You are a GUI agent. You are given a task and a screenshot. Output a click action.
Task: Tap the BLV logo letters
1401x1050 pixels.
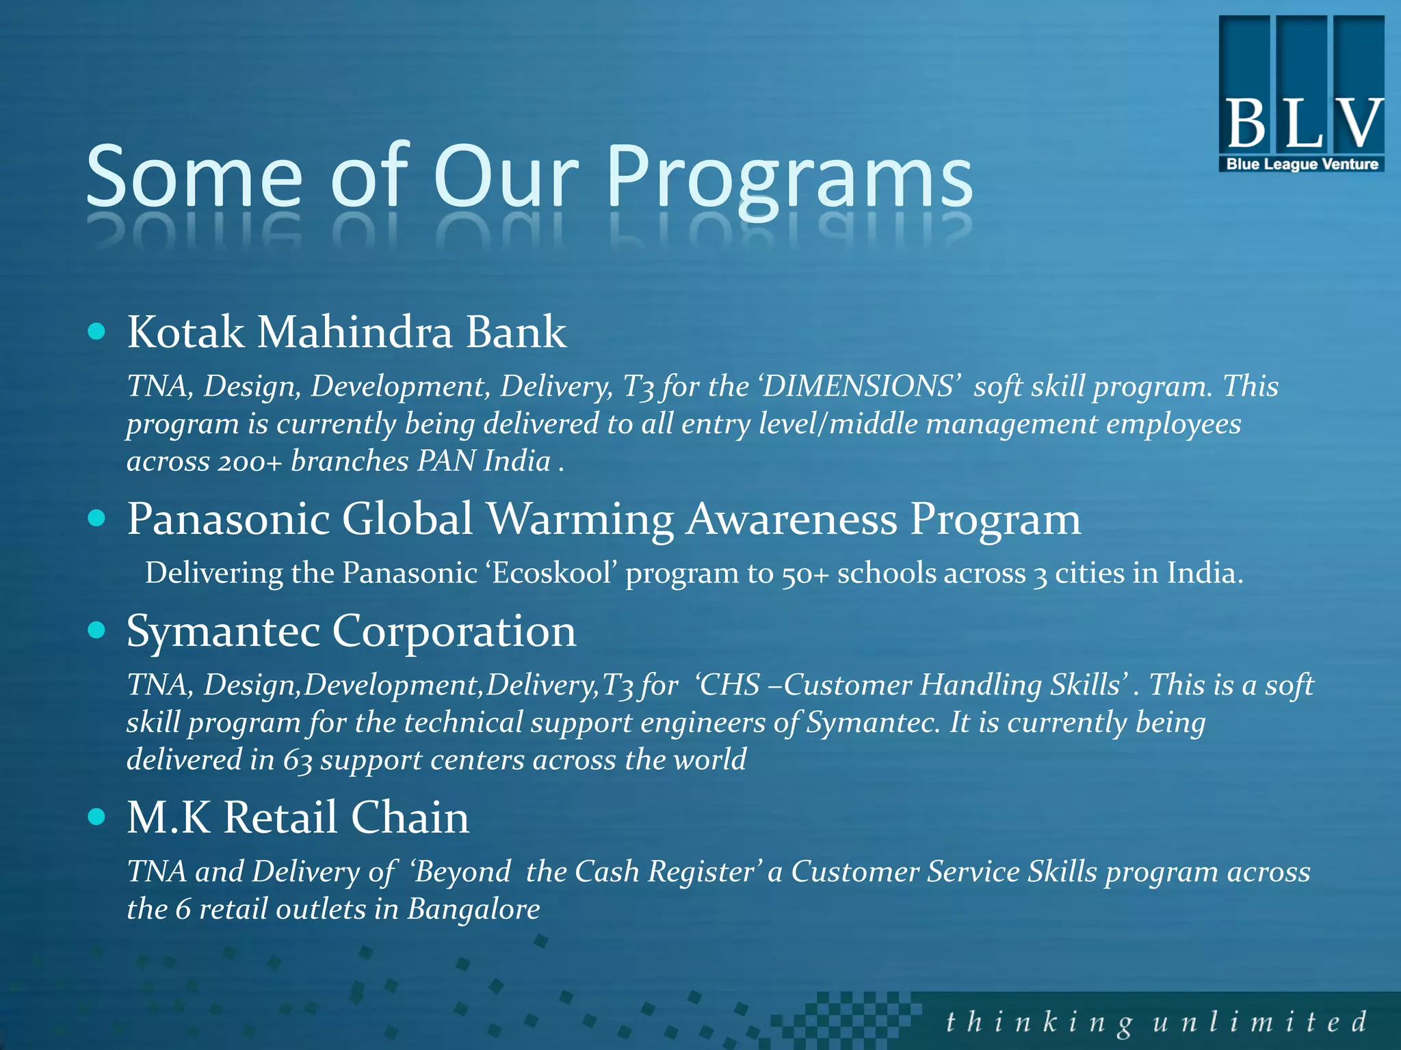click(x=1302, y=124)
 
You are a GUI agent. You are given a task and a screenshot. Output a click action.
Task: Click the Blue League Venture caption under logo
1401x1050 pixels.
click(x=1302, y=164)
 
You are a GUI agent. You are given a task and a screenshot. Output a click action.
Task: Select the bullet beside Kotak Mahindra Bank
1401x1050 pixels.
click(x=97, y=332)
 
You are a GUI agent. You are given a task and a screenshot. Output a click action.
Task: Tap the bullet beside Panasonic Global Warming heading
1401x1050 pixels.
click(x=97, y=518)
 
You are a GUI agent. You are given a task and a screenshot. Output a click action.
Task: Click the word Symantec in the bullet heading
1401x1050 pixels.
click(x=223, y=632)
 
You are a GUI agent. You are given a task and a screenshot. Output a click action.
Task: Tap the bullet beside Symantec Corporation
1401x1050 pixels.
click(x=97, y=630)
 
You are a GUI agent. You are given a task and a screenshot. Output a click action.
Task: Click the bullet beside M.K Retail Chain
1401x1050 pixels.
click(x=97, y=816)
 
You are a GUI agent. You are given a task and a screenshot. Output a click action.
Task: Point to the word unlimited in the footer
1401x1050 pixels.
click(x=1259, y=1023)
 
